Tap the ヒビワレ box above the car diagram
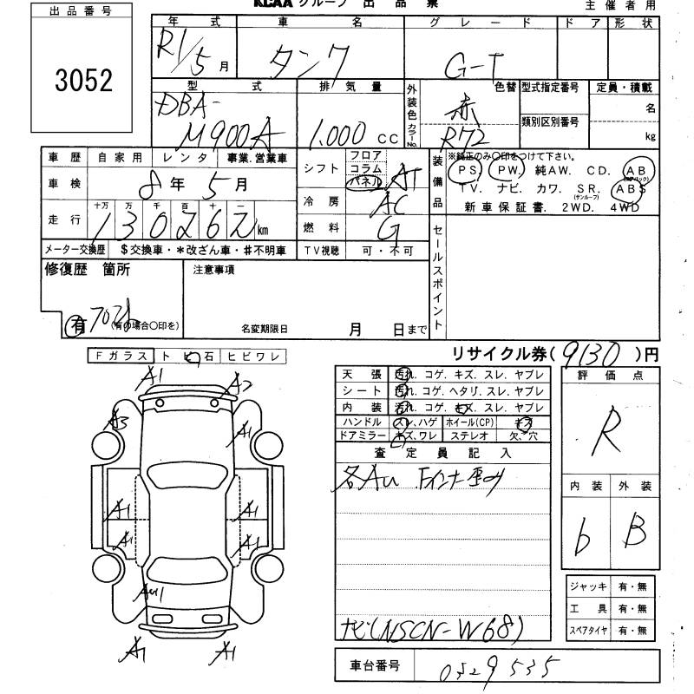tap(252, 356)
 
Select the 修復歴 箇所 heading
tap(87, 270)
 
